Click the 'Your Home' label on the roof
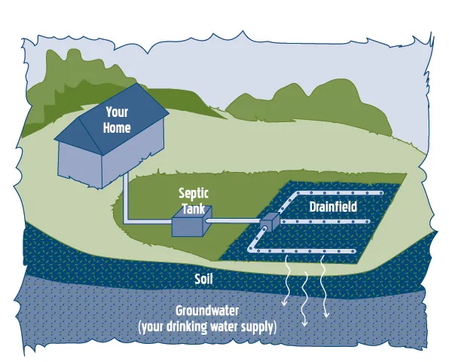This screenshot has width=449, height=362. point(117,121)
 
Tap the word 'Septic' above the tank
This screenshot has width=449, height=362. point(193,193)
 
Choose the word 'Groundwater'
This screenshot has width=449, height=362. point(207,311)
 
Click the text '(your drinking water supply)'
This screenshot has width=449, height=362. point(207,327)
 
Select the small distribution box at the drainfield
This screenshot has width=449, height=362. point(270,222)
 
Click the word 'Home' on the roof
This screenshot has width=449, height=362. point(117,128)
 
